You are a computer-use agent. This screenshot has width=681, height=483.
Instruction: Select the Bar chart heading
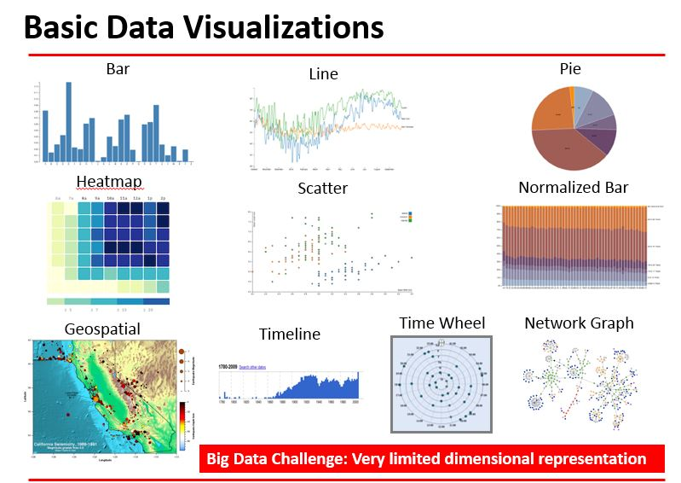(x=118, y=68)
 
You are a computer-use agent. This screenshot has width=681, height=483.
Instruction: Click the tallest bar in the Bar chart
(x=68, y=121)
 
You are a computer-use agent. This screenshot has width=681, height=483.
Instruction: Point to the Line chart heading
(x=323, y=74)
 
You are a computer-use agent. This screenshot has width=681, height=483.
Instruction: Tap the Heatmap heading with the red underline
(x=108, y=181)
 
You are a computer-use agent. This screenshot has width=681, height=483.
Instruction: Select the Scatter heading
(x=322, y=188)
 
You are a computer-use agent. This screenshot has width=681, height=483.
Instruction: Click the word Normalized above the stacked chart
(x=558, y=187)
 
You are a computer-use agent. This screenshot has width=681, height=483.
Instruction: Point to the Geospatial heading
(x=102, y=329)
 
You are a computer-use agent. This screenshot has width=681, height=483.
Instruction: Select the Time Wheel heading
(x=441, y=323)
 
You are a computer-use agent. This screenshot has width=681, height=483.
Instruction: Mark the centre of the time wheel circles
(x=441, y=383)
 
